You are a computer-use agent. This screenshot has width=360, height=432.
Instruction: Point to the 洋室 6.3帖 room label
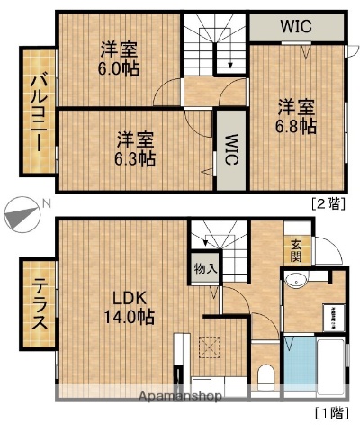[135, 148]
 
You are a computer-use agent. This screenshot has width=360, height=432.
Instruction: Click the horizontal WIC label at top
[296, 27]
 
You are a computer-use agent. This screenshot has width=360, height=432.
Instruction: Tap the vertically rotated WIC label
[231, 148]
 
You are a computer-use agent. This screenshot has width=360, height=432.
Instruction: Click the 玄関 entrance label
[296, 249]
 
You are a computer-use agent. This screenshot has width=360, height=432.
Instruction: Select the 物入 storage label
[204, 267]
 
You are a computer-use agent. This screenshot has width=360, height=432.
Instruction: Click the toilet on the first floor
[265, 377]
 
